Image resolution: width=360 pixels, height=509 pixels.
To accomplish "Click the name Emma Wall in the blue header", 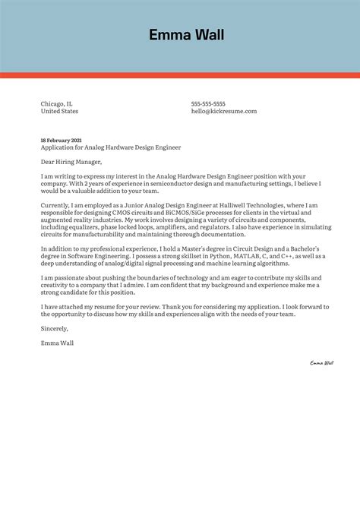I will (186, 35).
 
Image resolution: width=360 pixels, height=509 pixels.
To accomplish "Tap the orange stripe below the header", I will (180, 75).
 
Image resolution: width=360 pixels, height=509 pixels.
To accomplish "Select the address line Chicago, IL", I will (57, 103).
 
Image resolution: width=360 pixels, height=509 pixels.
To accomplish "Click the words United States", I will (59, 111).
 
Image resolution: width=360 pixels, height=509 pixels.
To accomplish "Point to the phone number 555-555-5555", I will (208, 103).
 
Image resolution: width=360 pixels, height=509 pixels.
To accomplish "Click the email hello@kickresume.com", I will (224, 111).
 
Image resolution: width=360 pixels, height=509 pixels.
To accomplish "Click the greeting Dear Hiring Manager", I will (71, 161).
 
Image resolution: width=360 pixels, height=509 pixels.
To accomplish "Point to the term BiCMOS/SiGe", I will (175, 213).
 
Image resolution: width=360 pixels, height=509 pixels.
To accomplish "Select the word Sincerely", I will (55, 328).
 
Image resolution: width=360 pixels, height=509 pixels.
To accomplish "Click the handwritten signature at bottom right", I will (321, 363).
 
